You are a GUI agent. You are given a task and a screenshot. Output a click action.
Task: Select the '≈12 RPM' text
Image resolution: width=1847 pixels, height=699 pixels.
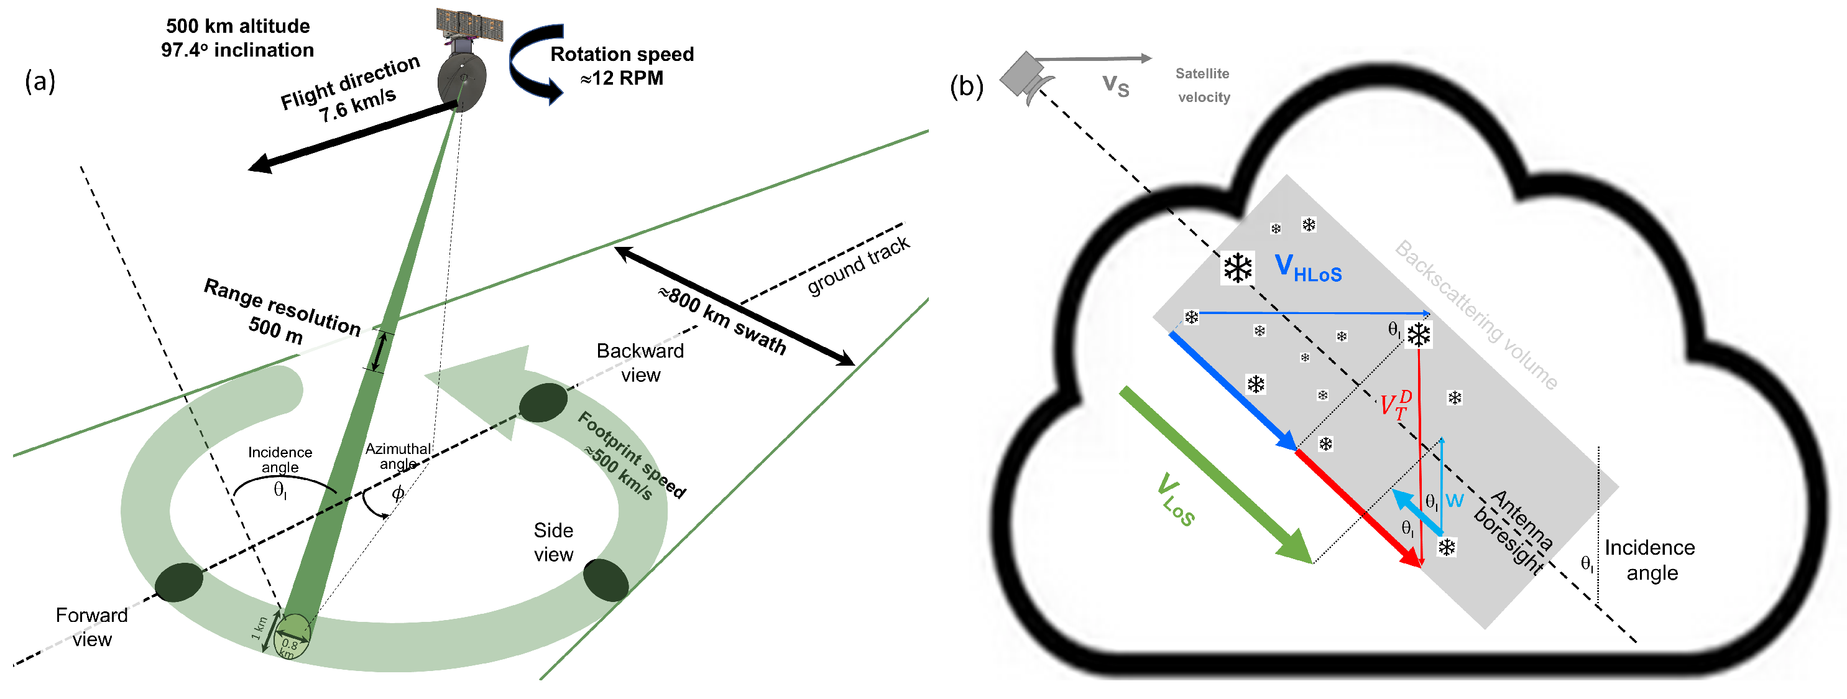coord(622,78)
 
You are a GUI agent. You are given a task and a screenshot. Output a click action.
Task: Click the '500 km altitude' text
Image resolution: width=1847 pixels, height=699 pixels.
coord(238,27)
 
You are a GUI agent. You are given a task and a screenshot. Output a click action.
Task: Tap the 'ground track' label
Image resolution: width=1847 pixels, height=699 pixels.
coord(859,266)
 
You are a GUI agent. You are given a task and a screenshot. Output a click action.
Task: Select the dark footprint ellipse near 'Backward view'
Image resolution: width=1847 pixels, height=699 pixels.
coord(543,402)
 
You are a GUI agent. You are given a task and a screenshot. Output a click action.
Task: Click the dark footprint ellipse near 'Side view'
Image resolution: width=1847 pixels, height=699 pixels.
coord(606,580)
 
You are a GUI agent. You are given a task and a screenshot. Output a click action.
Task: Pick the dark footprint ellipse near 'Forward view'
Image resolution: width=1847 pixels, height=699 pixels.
coord(179,581)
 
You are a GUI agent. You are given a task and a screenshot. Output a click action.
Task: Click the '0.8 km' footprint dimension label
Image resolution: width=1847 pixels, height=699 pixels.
coord(289,647)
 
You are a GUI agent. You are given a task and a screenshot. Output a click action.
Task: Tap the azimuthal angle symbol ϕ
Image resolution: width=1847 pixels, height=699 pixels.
coord(398,493)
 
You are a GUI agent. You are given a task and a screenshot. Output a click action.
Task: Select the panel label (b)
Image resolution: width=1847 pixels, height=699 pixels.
coord(966,86)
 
